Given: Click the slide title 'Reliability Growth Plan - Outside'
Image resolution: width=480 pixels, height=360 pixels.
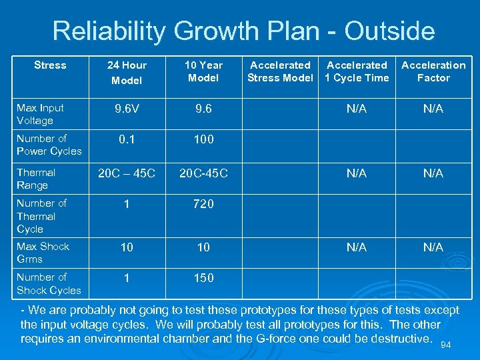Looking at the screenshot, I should point(243,31).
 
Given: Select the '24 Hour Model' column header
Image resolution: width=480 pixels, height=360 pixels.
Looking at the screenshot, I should point(127,72).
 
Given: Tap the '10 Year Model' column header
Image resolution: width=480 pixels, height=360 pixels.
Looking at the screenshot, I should point(203,71).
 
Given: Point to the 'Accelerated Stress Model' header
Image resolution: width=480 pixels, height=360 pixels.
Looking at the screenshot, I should point(280,71).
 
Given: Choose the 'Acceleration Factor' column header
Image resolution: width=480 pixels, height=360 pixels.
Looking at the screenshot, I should point(433,71).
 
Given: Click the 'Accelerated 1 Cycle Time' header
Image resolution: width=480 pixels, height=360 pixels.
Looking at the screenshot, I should point(357,71).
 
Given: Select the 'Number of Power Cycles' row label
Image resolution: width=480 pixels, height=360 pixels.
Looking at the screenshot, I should point(49,145).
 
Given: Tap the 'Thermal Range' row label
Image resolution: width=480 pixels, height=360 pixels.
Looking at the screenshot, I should point(36,179).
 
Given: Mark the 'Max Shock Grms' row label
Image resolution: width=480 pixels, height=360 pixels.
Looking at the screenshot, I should point(43,253).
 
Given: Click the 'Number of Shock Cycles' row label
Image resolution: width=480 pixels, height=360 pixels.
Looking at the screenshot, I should point(49,283).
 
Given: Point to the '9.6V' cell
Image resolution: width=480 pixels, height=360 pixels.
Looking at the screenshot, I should point(127,109).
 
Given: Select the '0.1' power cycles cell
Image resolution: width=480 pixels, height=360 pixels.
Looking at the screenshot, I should point(127,139).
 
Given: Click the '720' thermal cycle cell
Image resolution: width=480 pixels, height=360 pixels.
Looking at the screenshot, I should point(203,205).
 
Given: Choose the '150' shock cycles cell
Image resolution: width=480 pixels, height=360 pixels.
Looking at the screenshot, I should point(203,278).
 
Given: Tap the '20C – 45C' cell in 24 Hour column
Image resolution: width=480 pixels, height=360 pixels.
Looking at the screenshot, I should point(127,173).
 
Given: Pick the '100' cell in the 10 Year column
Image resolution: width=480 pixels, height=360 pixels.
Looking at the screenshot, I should point(203,139).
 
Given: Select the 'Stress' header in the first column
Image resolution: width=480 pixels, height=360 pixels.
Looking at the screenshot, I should point(50,65).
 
